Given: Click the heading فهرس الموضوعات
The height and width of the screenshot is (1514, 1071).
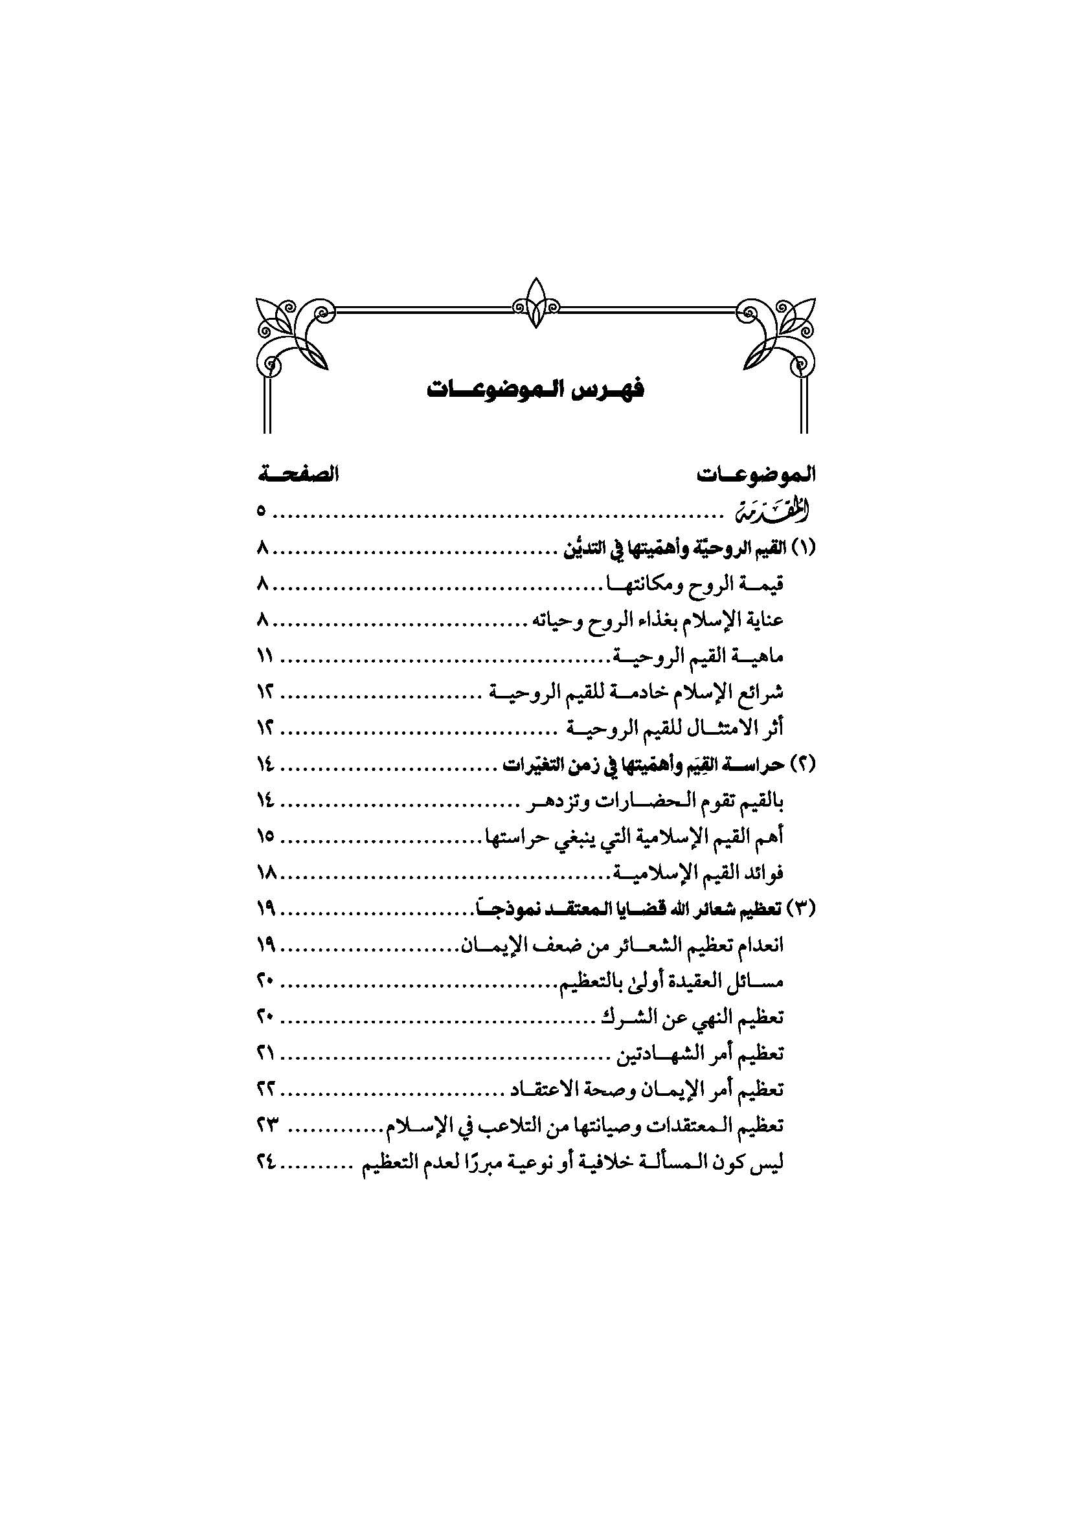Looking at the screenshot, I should tap(535, 390).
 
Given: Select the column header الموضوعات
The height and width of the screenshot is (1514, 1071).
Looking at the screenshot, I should tap(756, 474).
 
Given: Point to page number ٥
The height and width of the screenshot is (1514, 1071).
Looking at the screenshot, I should tap(262, 511).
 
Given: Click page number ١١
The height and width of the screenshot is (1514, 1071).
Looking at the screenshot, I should tap(265, 656).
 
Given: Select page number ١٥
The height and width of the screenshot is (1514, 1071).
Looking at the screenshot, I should tap(265, 837).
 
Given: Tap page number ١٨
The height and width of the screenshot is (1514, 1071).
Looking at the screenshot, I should tap(265, 873).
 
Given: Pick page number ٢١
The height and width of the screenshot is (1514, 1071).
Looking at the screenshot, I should tap(265, 1054).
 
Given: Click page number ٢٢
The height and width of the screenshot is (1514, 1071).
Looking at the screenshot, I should tap(265, 1090).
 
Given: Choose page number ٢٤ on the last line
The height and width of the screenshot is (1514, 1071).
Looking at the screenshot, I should tap(265, 1163).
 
